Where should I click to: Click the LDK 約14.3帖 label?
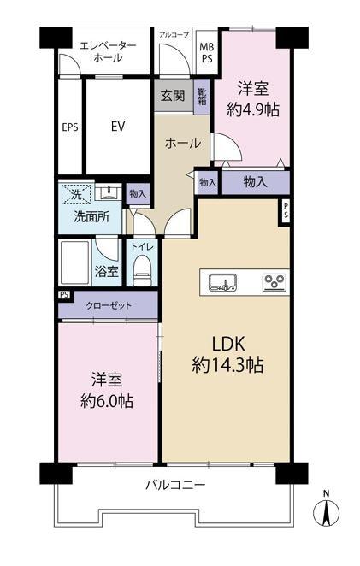coord(227,354)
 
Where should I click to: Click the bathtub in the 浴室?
coord(75,263)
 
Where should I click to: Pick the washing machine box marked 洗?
coord(77,194)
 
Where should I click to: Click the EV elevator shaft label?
coord(118,127)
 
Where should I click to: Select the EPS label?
coord(70,127)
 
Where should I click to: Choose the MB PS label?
coord(207,53)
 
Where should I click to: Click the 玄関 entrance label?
coord(173,96)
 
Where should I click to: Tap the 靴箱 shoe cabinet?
coord(202,97)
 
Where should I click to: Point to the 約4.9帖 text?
coord(253,109)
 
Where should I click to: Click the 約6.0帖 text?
coord(107,400)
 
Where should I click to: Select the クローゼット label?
coord(109,306)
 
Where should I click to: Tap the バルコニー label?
coord(175,485)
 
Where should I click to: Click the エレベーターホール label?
coord(108,51)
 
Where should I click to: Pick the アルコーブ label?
coord(174,35)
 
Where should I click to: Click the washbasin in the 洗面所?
coord(109,192)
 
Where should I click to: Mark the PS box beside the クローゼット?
coord(65,295)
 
